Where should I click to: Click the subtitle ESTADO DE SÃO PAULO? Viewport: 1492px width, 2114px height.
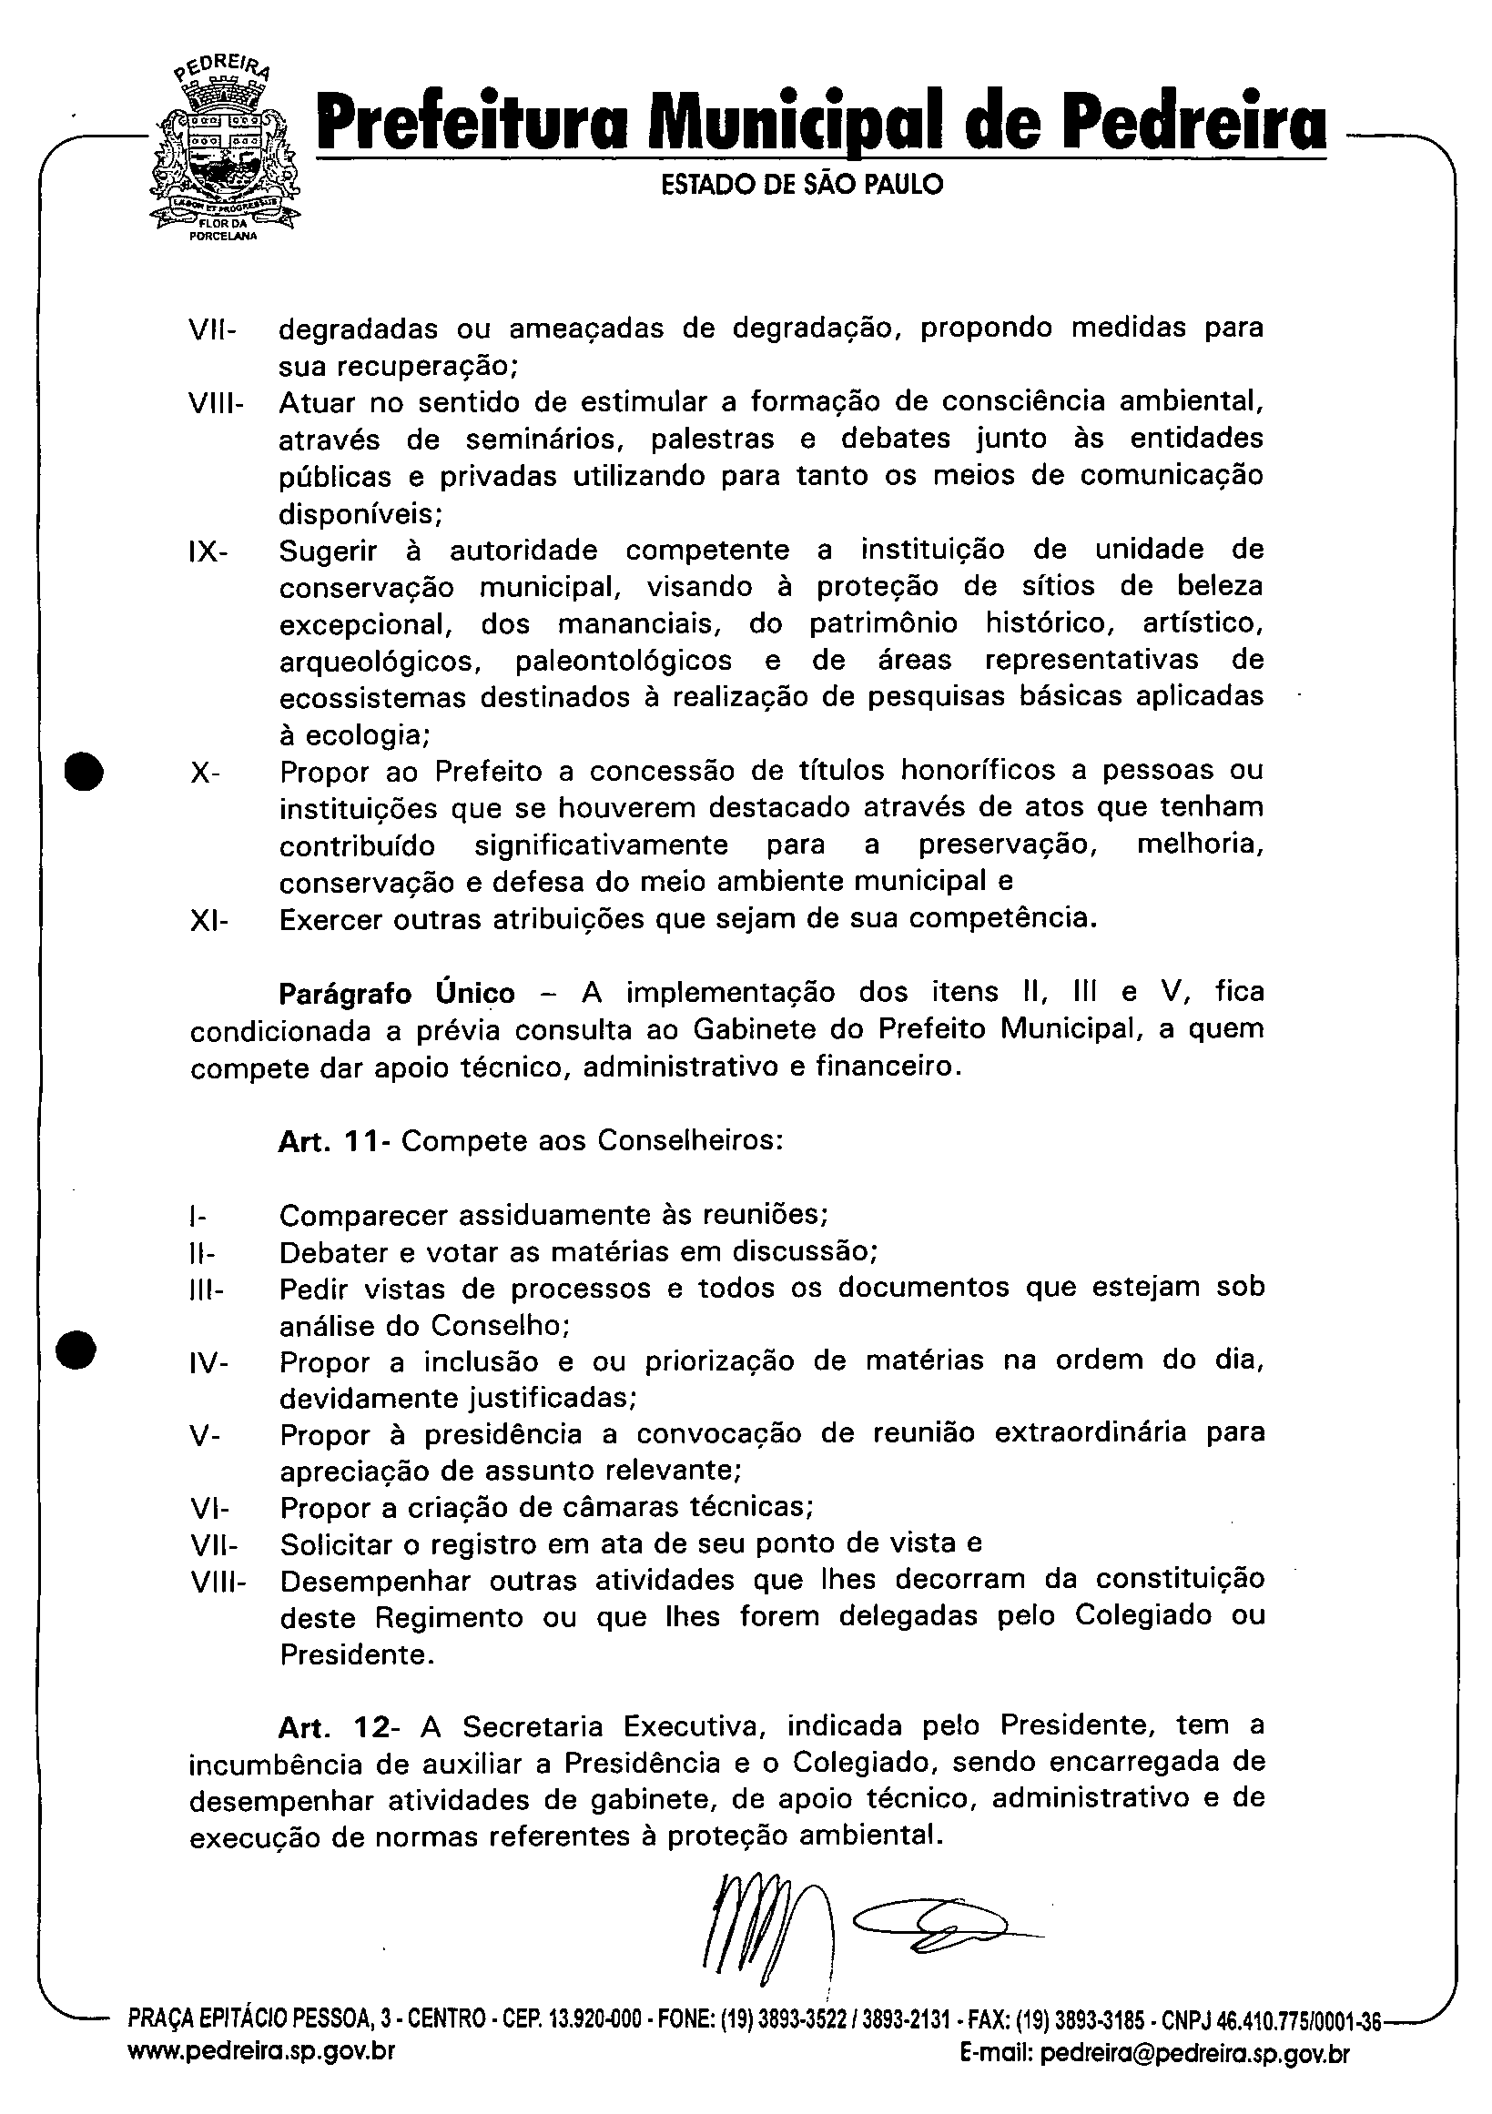[802, 185]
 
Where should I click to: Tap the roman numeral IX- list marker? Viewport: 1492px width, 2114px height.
[209, 551]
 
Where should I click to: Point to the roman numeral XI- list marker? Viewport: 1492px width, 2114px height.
[209, 920]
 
